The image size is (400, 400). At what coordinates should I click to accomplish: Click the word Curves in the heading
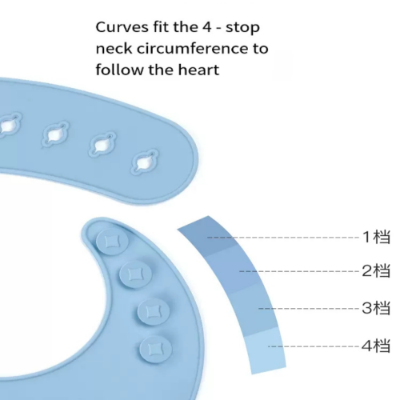point(122,27)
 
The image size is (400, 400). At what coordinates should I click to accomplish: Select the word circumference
point(194,49)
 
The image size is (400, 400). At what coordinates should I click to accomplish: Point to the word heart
point(198,70)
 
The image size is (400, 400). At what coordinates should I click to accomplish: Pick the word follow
point(120,70)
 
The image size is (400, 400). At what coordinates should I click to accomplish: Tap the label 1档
point(376,237)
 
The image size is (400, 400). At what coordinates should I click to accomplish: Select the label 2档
point(376,271)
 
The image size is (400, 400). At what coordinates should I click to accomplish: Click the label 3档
point(376,308)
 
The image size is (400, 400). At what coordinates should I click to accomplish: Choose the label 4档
point(376,346)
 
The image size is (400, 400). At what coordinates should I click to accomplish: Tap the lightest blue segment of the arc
point(266,350)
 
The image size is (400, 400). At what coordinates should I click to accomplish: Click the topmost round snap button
point(112,242)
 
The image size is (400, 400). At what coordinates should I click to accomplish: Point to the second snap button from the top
point(135,274)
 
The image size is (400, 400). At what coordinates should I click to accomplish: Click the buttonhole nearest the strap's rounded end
point(145,162)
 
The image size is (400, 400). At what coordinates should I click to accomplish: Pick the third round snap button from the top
point(154,312)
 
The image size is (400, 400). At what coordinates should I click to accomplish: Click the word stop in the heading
point(242,28)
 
